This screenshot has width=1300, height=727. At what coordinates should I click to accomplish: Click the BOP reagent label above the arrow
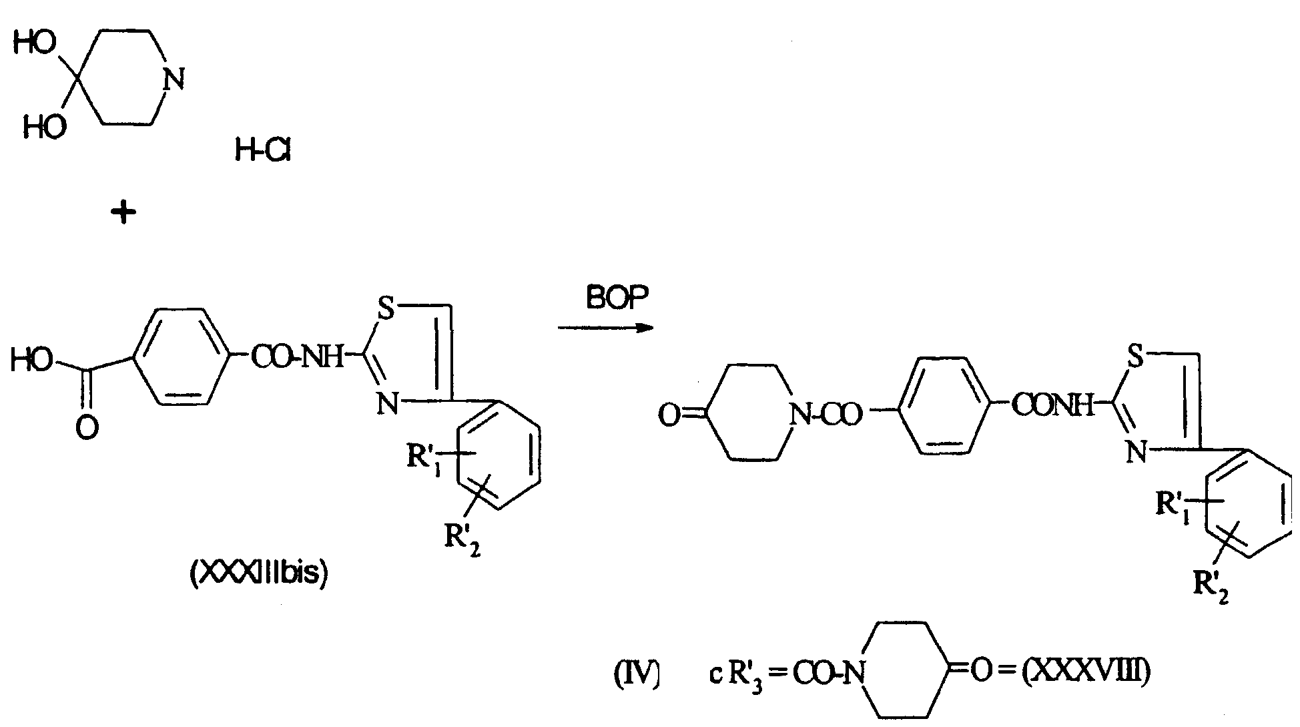617,299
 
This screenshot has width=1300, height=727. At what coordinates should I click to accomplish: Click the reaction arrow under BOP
605,328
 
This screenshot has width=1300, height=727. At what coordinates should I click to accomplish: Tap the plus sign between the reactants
123,213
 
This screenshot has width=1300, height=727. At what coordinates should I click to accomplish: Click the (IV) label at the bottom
636,674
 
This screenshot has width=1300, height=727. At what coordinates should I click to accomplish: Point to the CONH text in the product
1054,405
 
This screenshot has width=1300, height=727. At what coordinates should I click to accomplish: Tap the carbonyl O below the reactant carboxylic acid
85,428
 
